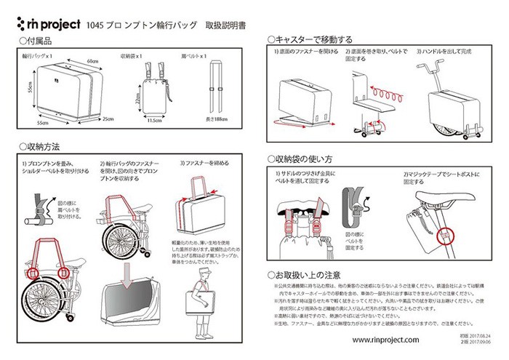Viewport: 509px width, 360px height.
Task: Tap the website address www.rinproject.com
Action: (x=385, y=340)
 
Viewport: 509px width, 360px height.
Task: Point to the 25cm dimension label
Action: (x=108, y=118)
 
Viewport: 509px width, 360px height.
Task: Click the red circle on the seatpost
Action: (x=442, y=234)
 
